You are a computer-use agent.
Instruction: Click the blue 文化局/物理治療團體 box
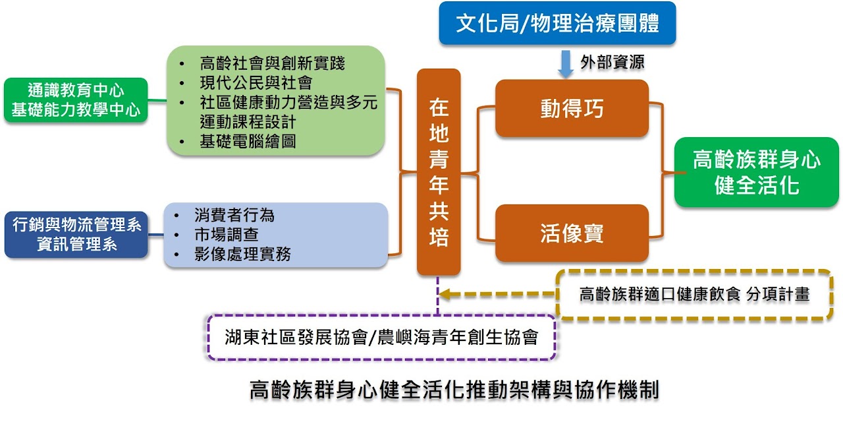557,23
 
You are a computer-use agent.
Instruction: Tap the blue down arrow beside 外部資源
565,64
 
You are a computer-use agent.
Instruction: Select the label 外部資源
612,62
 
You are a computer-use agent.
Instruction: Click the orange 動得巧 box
572,108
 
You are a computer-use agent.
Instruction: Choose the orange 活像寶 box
572,233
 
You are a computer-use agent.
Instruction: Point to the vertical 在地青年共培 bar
439,172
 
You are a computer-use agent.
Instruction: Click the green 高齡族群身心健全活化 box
757,172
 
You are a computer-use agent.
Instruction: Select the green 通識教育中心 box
76,100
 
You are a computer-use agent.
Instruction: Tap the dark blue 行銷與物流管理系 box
76,234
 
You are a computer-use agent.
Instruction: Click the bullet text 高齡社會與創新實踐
272,63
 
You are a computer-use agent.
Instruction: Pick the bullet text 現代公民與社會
256,82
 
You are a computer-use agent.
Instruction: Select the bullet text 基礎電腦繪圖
248,141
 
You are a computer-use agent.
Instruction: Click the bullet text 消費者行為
234,215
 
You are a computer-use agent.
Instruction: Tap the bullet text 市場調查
226,235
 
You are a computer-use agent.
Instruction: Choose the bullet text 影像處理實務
242,255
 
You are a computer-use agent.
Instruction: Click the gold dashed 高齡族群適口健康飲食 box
694,295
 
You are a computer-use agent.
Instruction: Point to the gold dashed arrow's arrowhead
445,294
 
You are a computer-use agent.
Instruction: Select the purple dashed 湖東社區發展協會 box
381,337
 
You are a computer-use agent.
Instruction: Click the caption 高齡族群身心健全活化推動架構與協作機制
454,390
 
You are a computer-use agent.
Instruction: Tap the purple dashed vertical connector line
438,296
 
